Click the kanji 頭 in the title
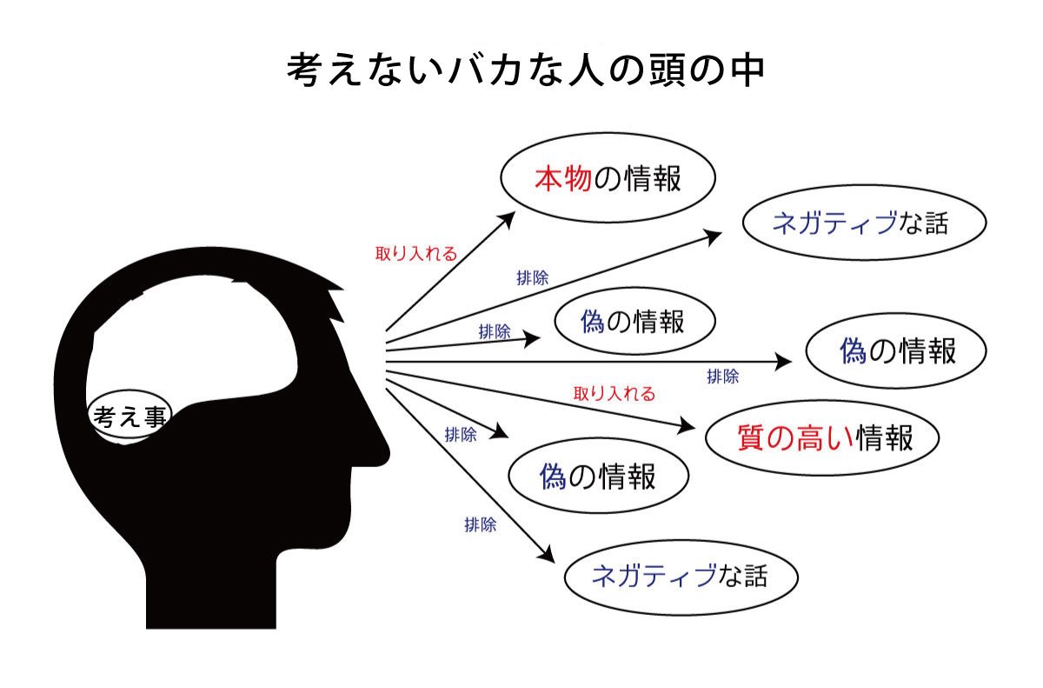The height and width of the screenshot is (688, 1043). click(668, 70)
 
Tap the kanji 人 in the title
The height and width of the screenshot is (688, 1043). click(586, 70)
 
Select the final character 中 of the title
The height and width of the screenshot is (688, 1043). click(747, 70)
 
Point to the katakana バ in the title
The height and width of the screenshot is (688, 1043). click(465, 70)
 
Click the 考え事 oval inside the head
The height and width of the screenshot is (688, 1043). click(130, 414)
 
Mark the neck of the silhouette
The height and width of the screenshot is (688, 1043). click(211, 591)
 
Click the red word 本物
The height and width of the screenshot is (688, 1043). click(563, 178)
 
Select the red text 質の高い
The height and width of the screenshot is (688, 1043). click(796, 438)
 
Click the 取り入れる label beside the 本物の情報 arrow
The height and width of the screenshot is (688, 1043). click(416, 254)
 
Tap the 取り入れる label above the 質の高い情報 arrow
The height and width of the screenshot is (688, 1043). click(615, 394)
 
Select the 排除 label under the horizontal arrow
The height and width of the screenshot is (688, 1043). click(722, 377)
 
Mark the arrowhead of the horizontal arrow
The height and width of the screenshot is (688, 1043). click(783, 362)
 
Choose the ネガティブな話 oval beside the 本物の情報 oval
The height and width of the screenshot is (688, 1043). click(864, 222)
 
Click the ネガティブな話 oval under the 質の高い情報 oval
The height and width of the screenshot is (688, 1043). click(681, 578)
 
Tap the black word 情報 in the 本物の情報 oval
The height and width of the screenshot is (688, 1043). click(653, 178)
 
